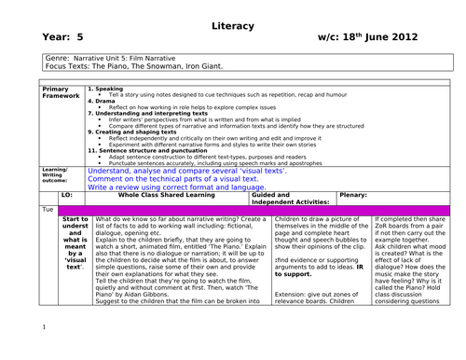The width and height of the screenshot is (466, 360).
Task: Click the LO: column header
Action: [x=66, y=196]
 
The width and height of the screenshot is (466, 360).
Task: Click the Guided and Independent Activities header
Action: [x=292, y=199]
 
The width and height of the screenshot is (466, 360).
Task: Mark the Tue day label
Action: [x=48, y=211]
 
